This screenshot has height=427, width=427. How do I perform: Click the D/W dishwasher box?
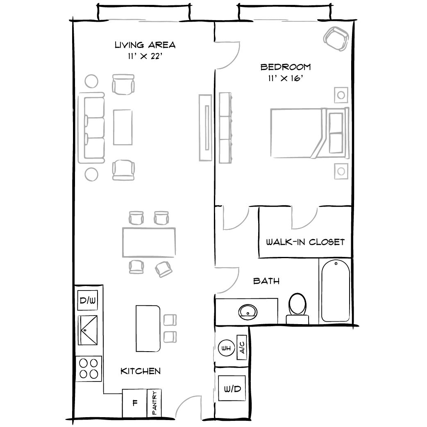pos(87,301)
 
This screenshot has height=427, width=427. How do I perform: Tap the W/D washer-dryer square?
pos(232,388)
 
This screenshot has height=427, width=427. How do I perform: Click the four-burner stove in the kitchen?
pos(89,368)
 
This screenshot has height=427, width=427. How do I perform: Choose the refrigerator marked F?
pos(135,402)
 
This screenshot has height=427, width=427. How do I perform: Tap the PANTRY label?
pos(154,403)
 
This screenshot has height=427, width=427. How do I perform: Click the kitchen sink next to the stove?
pos(88,329)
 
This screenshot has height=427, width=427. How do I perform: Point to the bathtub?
pos(335,291)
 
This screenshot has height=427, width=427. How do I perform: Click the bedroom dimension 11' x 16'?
pos(285,78)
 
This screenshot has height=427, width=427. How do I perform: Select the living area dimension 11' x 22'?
pos(145,57)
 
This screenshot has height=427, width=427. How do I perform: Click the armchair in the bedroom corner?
pos(335,39)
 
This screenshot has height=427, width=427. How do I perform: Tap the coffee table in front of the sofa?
pos(123,127)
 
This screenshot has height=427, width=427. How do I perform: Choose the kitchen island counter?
pos(148,328)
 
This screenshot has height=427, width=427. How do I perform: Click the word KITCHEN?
pos(140,371)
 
